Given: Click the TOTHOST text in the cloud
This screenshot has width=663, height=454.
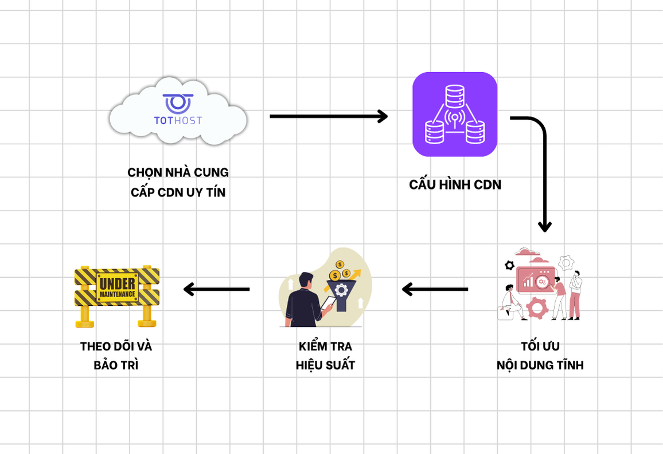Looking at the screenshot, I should pos(178,120).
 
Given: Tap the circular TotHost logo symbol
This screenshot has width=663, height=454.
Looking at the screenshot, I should pos(178,103).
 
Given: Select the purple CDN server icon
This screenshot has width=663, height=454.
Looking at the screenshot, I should pos(455,115).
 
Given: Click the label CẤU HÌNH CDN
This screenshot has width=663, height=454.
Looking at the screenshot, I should pos(455,185).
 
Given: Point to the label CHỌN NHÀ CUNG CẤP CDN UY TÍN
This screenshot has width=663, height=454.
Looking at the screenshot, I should pos(178,183).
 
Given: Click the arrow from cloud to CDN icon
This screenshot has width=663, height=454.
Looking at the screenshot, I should pos(328,116).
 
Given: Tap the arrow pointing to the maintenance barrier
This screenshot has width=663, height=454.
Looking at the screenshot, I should pos(216,289).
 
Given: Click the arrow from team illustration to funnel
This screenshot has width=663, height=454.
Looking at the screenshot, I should pos(435,289).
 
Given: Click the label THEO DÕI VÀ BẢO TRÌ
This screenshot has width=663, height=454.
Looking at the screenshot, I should pos(116,356).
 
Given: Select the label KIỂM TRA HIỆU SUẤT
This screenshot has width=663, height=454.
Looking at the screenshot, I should pos(325,356).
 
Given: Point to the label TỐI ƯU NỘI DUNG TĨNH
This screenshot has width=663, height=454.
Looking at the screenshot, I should pos(540,356).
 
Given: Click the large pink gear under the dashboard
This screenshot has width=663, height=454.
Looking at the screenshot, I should pos(537,307).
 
